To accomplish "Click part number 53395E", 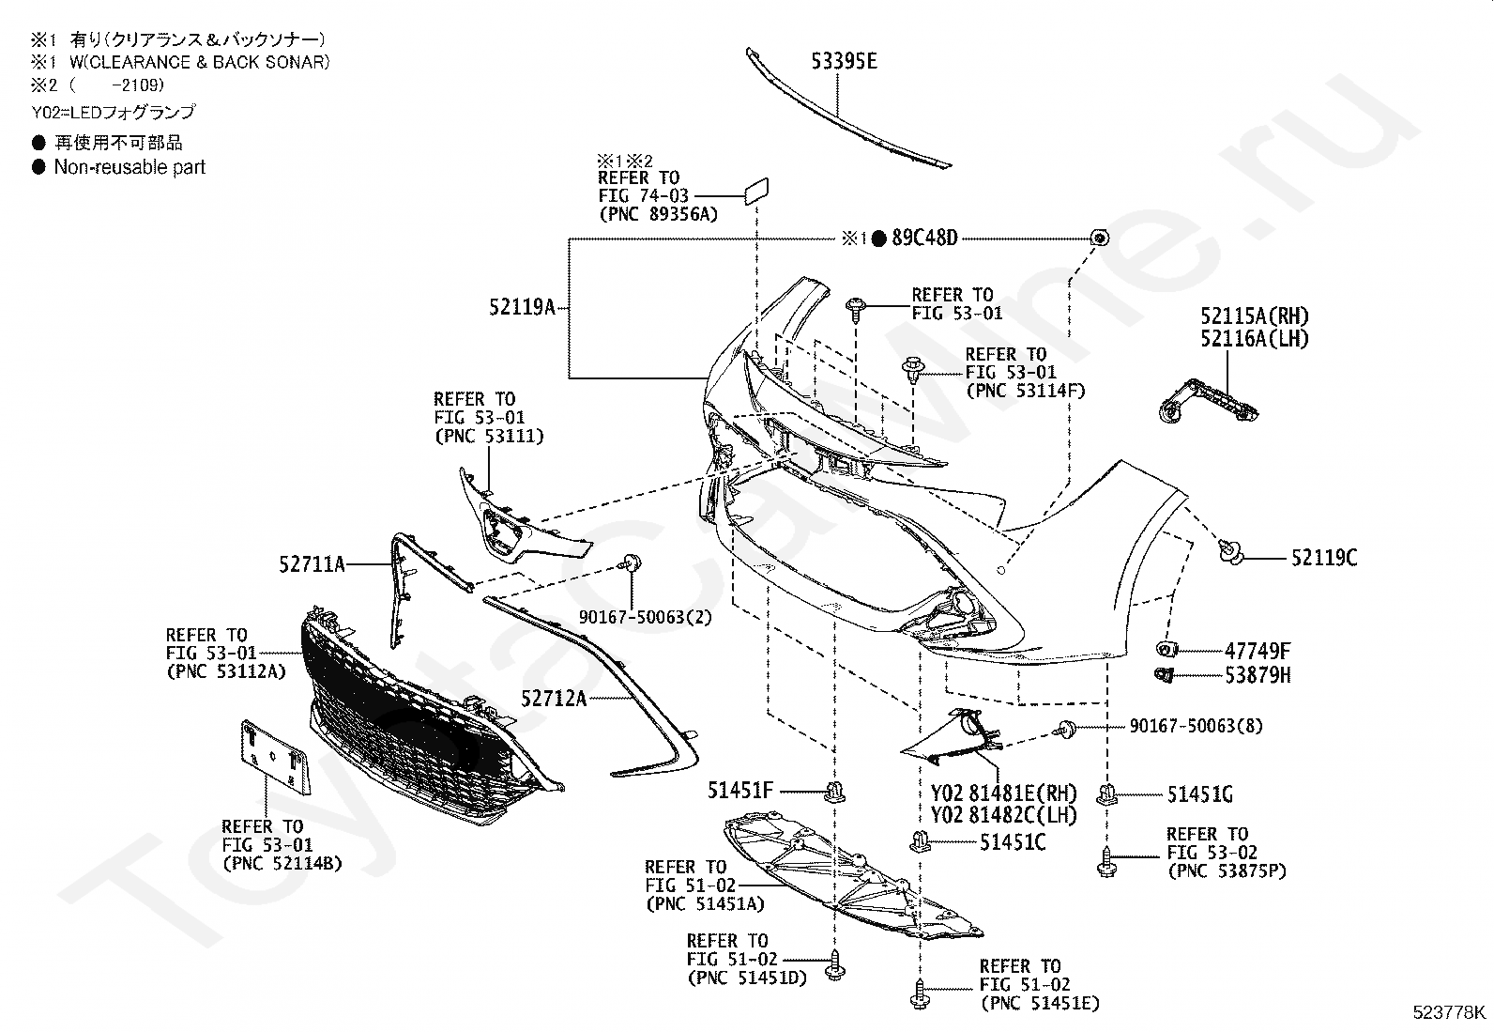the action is coord(844,61).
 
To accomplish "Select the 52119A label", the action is coord(522,307).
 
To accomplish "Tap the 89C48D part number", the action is coord(924,238).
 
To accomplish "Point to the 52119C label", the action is coord(1324,558).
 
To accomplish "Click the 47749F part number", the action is coord(1258,650).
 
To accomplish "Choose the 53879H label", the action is coord(1258,675).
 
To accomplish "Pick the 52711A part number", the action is coord(313,564).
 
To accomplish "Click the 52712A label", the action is coord(554,699).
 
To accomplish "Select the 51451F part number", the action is coord(740,791).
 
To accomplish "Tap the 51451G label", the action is coord(1200,794).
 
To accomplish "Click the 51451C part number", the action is coord(1013,842).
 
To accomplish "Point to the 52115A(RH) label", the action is coord(1255,316).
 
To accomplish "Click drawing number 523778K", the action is coord(1449,1012).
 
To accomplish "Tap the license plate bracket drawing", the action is coord(276,757).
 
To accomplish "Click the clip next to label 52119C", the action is coord(1230,552).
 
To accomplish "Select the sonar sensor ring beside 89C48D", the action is coord(1099,238).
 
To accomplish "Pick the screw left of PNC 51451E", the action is coord(919,993).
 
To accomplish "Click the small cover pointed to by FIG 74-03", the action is coord(756,191).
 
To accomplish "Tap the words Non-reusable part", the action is coord(130,167).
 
